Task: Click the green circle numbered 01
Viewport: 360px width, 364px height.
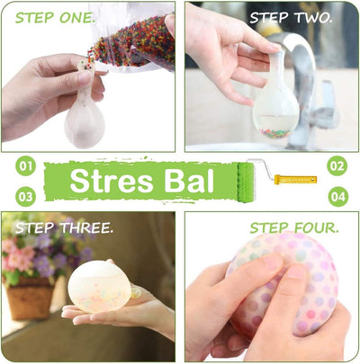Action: coord(25,165)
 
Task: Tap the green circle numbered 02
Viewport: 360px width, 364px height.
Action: coord(337,165)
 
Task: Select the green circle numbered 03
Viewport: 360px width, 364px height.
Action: coord(25,197)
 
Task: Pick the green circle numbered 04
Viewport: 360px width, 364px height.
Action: coord(338,197)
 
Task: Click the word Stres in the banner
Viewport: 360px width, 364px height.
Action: coord(112,182)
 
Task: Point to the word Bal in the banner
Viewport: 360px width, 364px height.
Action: coord(189,181)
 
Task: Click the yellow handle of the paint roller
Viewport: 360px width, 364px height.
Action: coord(295,180)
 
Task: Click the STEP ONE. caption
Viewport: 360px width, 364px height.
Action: coord(55,18)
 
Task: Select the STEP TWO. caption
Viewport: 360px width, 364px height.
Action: coord(291,18)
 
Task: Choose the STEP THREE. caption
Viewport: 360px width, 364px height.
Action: coord(65,228)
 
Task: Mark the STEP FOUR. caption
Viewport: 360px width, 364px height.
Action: coord(294,228)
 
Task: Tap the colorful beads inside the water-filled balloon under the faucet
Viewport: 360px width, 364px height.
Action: coord(274,133)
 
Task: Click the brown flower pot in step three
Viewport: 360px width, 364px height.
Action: coord(30,299)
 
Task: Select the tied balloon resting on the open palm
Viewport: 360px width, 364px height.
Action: coord(101,287)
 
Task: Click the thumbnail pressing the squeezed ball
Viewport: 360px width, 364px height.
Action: coord(297,272)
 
